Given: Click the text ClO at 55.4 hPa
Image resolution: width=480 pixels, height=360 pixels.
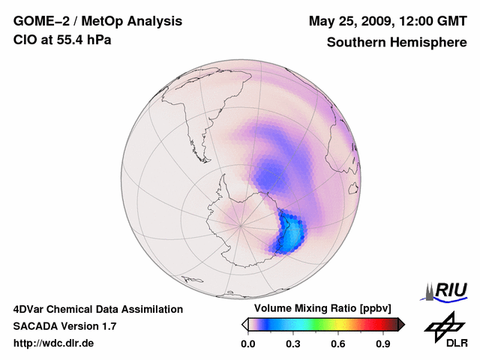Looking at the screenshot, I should coord(62,40).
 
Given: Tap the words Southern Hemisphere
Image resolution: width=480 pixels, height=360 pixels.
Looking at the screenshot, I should coord(397,43).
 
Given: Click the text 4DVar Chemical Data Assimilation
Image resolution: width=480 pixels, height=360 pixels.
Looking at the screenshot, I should coord(97,309).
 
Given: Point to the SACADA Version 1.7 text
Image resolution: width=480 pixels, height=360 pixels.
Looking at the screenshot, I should coord(64,326).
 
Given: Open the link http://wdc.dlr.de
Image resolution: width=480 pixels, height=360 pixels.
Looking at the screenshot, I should coord(54,343).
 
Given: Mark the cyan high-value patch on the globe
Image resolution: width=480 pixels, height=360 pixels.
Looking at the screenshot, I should coord(292,235).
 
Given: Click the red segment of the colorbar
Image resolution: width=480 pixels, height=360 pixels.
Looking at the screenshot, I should coord(371,325).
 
